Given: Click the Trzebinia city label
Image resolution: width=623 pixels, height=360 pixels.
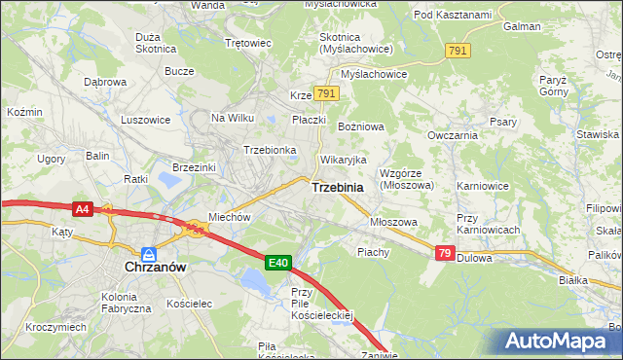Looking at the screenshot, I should [x=338, y=187].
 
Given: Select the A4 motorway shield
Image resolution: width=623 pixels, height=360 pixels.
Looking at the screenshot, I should [x=83, y=208].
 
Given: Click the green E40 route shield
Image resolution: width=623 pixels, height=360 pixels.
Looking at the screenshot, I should [x=278, y=262].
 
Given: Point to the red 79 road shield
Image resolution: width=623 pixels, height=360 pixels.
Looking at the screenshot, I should [x=445, y=253].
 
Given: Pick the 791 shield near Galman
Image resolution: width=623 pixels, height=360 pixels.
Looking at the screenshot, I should [x=458, y=50].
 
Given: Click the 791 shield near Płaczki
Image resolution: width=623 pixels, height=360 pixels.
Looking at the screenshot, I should [x=326, y=93].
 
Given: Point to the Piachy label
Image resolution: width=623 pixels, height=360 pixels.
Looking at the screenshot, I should [x=373, y=251].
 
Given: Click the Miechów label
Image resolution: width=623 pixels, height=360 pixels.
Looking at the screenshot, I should [x=230, y=217].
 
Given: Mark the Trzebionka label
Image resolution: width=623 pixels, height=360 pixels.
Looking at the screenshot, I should [x=269, y=150].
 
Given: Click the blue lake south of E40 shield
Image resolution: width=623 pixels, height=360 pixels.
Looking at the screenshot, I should [x=255, y=283].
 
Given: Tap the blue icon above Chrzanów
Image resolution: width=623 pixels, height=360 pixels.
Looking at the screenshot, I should [x=146, y=251].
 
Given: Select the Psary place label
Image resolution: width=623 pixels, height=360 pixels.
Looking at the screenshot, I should [x=502, y=122].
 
